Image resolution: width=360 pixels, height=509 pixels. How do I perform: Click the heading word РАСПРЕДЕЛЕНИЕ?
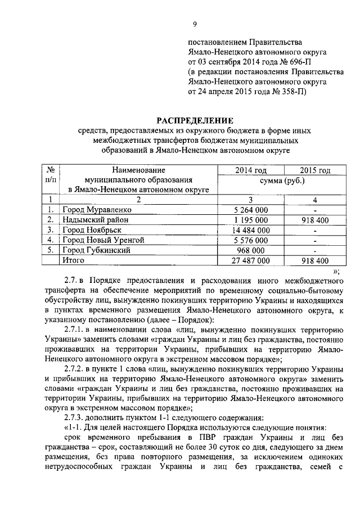(195, 120)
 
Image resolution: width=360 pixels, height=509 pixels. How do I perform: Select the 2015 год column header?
(314, 170)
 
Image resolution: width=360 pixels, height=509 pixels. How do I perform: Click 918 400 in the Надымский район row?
(314, 220)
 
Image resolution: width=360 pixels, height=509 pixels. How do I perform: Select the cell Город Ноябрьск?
(91, 230)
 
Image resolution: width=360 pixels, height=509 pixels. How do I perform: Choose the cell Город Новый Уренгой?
(103, 240)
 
